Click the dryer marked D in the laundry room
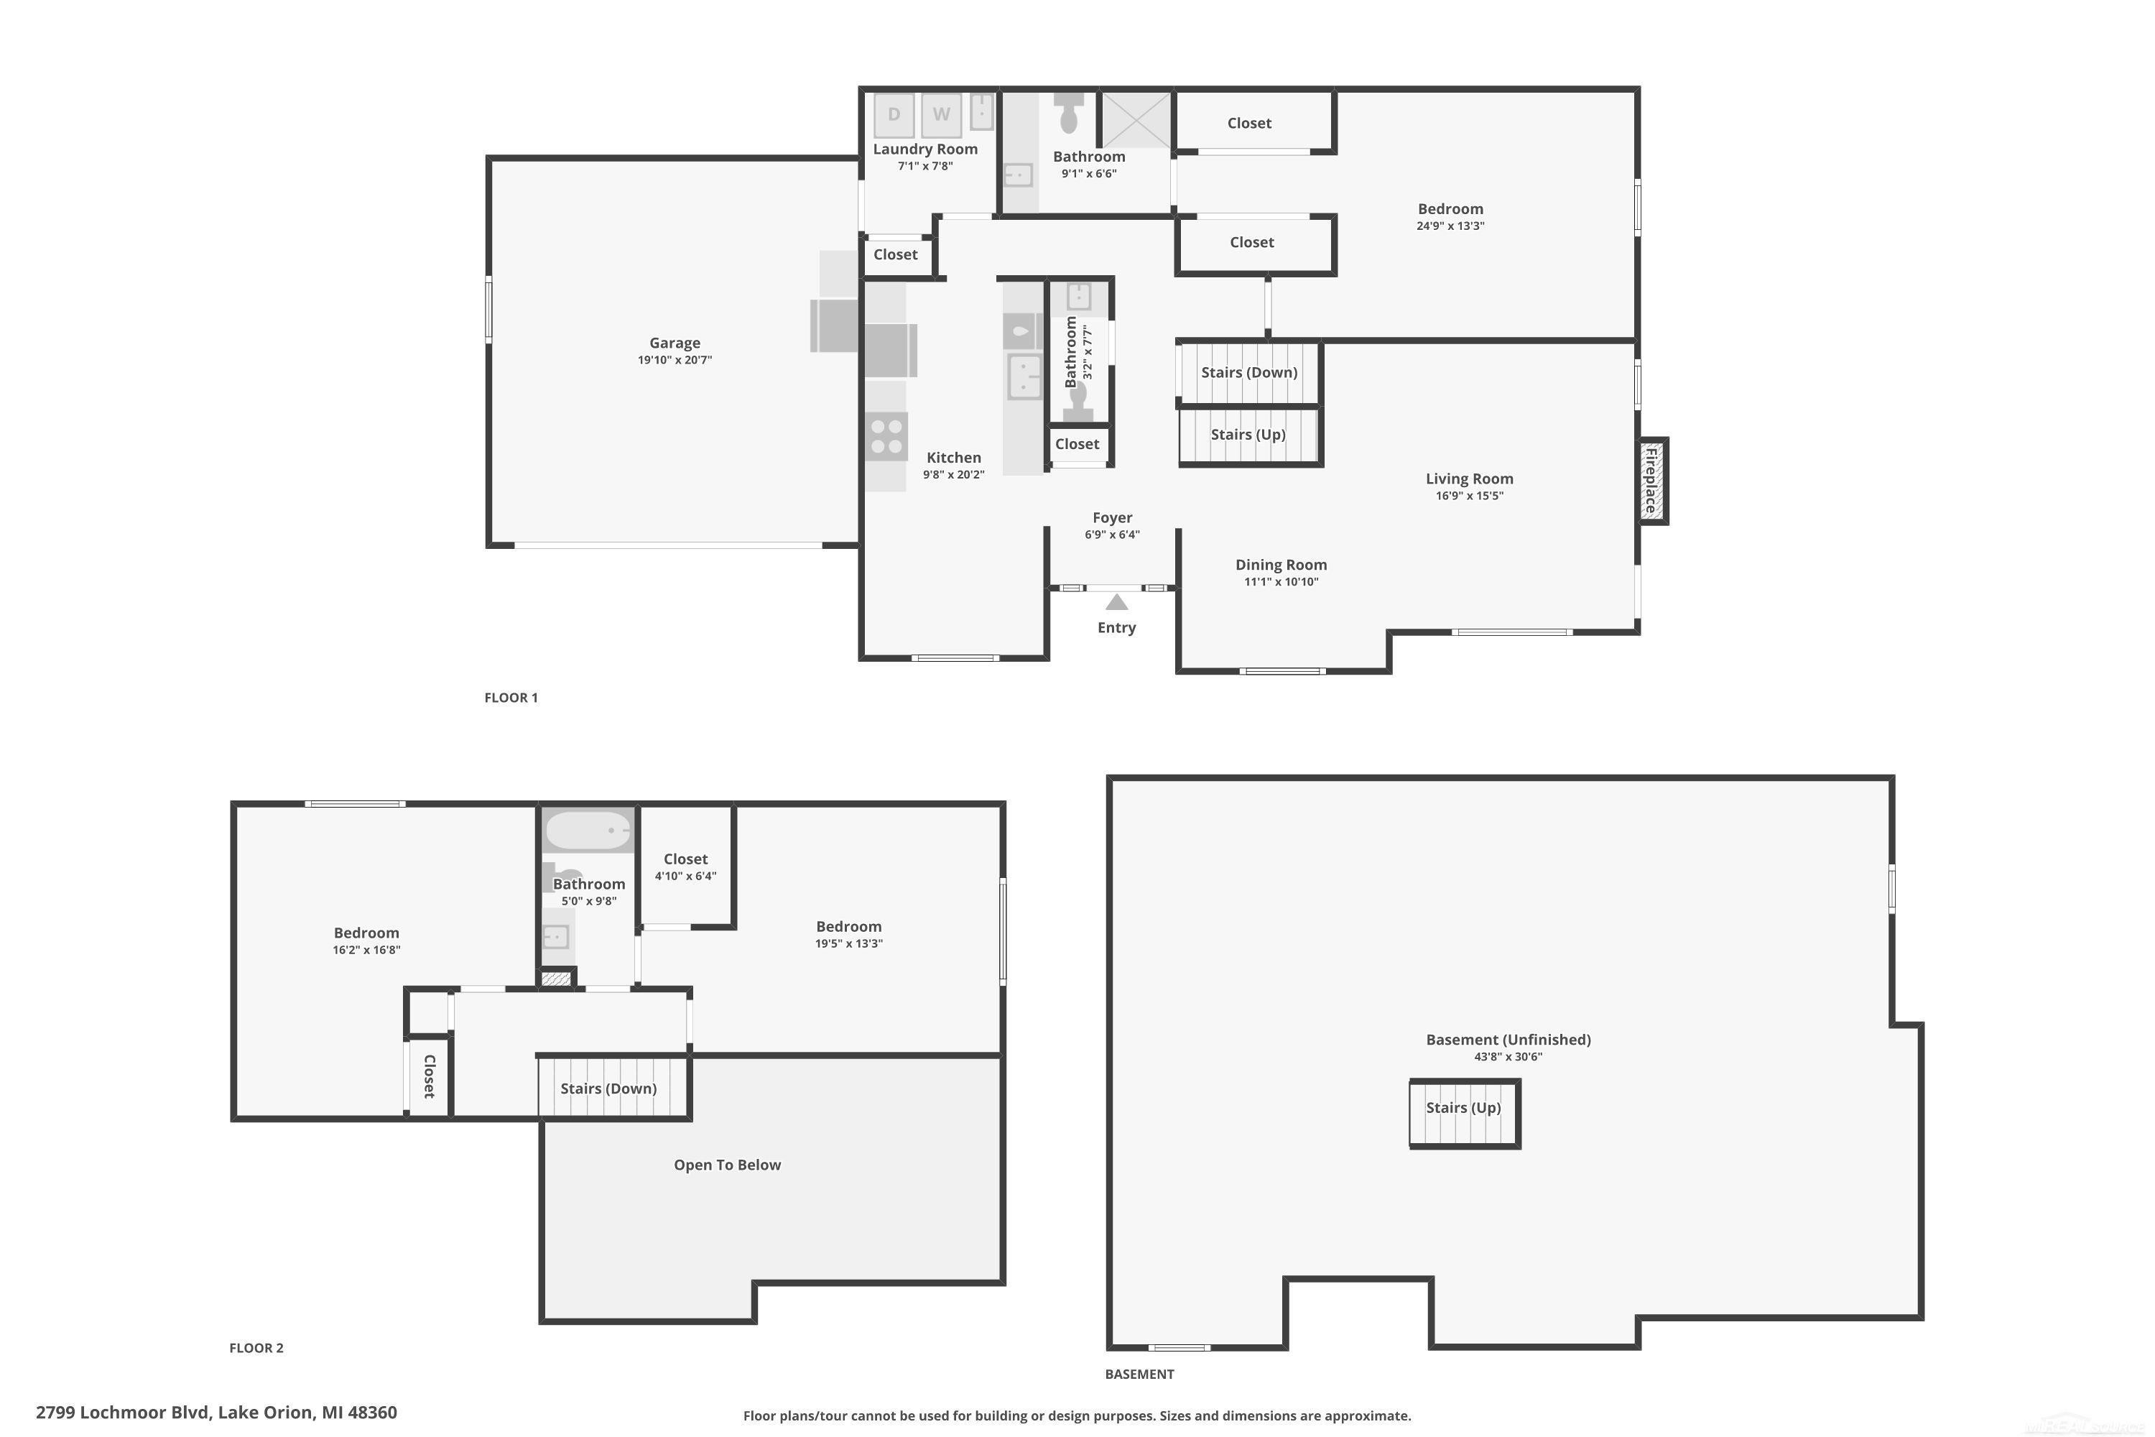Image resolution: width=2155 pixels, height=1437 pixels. (x=894, y=114)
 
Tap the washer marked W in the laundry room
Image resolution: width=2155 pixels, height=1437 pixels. (x=941, y=114)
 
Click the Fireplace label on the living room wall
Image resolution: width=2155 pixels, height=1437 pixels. (x=1650, y=480)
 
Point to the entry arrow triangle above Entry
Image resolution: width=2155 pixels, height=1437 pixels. (x=1116, y=602)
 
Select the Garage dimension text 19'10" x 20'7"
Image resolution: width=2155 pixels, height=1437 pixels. (x=675, y=360)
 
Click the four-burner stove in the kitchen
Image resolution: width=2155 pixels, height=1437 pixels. (x=886, y=436)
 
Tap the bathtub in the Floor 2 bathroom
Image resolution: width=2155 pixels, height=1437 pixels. (x=588, y=831)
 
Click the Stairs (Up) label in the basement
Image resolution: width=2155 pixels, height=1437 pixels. (x=1463, y=1107)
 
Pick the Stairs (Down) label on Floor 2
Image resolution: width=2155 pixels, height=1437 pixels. (x=608, y=1088)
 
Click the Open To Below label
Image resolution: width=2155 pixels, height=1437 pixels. (x=728, y=1165)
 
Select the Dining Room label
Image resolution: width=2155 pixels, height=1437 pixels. (x=1281, y=565)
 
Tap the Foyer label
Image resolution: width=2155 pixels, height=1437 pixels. (x=1112, y=518)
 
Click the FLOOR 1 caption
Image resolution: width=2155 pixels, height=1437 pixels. (x=511, y=698)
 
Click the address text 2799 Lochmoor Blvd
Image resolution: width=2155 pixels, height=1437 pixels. (x=124, y=1413)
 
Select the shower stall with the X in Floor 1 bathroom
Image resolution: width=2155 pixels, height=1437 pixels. (x=1136, y=119)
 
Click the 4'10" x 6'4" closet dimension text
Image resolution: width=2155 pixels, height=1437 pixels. (x=685, y=876)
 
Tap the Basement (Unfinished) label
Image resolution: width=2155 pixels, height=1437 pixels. (x=1508, y=1039)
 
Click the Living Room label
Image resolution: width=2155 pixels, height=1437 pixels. (x=1470, y=479)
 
